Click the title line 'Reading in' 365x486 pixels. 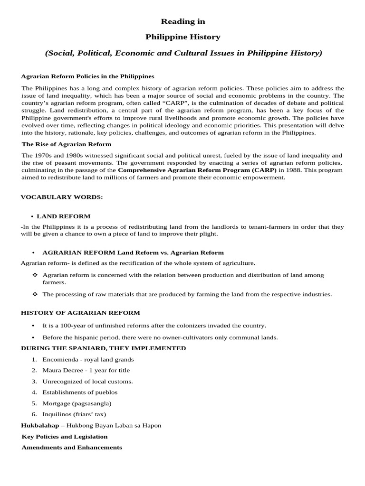183,21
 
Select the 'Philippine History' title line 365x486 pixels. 183,37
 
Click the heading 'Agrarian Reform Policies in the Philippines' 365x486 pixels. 88,76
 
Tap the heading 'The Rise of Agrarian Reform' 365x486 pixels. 67,144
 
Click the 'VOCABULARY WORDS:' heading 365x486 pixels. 62,196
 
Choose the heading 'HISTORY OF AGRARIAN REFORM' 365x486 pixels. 80,312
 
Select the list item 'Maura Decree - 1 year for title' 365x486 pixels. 86,370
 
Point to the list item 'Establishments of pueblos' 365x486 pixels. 80,392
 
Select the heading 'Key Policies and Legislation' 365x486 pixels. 65,436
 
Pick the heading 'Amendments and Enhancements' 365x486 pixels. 72,447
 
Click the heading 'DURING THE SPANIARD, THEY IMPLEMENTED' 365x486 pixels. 104,348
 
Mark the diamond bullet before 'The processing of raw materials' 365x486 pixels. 35,294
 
